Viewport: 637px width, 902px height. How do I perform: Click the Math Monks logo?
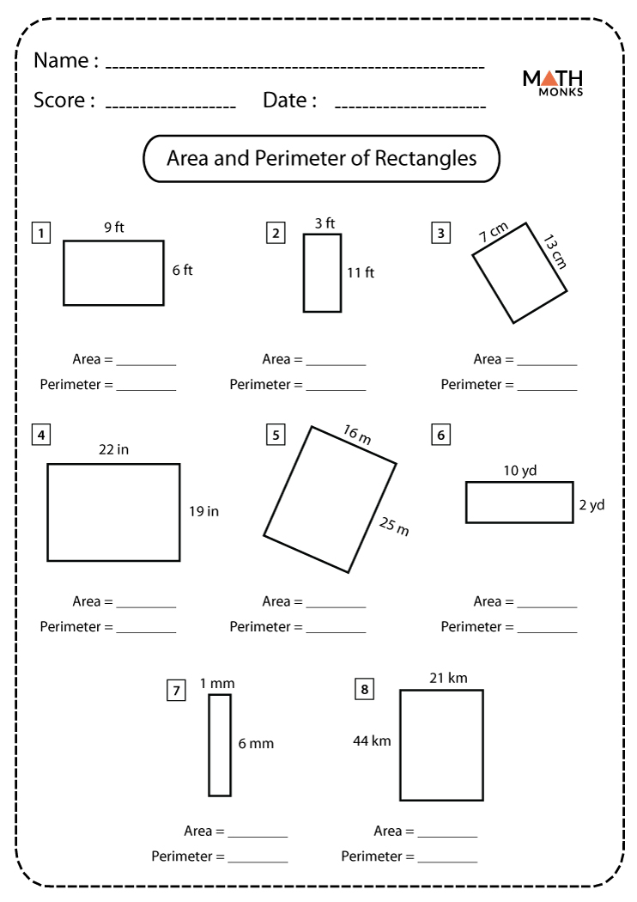click(x=553, y=82)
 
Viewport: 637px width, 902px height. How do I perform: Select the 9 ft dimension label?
click(x=114, y=228)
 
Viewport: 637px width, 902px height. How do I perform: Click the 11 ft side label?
click(x=361, y=273)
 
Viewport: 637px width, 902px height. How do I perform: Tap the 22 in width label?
click(x=113, y=449)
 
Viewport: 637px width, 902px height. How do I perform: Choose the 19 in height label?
click(x=203, y=511)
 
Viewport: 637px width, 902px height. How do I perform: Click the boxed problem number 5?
click(x=276, y=435)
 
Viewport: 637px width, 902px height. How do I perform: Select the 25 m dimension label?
click(x=394, y=525)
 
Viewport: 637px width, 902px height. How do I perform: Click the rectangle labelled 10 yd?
click(x=519, y=503)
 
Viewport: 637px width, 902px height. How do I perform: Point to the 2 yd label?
click(x=591, y=505)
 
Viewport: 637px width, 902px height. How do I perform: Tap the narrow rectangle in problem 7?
click(x=220, y=745)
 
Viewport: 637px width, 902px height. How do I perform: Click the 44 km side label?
click(x=372, y=740)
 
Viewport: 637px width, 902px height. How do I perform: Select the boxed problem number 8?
click(x=364, y=689)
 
